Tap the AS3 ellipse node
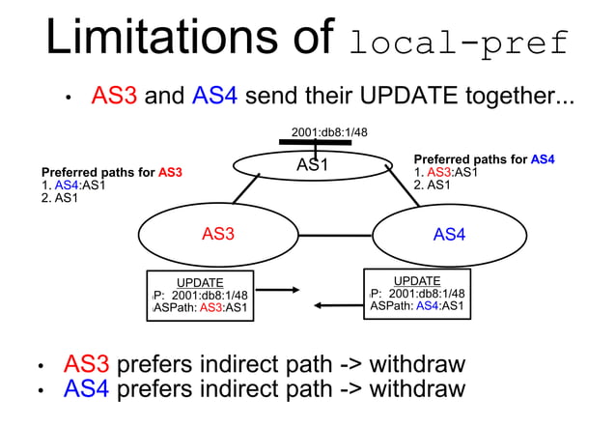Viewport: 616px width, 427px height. click(x=217, y=233)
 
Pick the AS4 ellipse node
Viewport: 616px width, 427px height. click(x=449, y=234)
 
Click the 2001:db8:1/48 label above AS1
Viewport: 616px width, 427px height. click(x=329, y=132)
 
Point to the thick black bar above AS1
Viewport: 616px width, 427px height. click(x=315, y=143)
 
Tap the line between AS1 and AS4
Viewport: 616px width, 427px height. click(x=406, y=186)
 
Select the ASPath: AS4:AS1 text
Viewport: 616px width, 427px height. click(x=418, y=307)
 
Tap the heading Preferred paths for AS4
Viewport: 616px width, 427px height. click(x=484, y=159)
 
